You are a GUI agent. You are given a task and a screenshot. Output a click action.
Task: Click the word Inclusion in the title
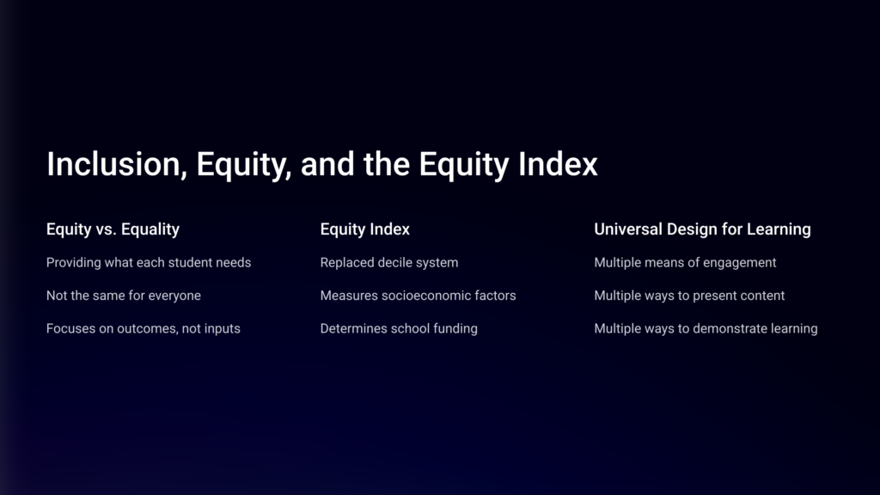pos(117,164)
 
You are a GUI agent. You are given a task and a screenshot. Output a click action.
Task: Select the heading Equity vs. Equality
pos(113,229)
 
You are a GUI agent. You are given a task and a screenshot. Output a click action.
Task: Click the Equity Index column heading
pos(364,229)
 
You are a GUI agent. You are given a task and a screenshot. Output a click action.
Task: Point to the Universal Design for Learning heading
pos(702,229)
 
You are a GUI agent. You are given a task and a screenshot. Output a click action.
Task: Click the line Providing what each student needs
pos(149,263)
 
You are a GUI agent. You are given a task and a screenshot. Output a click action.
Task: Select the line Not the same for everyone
pos(124,296)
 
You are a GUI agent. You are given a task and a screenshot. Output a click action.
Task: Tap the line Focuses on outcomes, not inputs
pos(144,329)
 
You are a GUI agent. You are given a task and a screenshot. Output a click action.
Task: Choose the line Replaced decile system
pos(389,263)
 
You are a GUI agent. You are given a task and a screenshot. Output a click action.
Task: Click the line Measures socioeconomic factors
pos(419,296)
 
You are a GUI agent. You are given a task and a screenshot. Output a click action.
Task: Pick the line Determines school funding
pos(399,329)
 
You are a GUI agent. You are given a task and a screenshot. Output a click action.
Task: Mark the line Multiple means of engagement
pos(685,263)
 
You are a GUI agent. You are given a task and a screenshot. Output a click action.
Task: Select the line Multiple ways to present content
pos(689,296)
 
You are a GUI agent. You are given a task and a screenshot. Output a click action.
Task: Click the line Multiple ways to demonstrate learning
pos(706,329)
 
